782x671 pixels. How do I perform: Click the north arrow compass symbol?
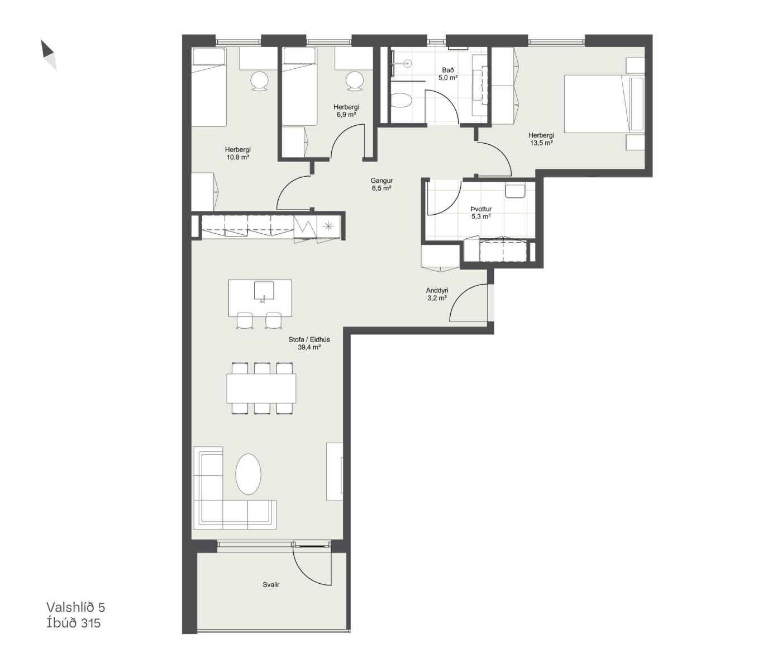pyautogui.click(x=49, y=55)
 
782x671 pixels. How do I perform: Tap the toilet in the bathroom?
pyautogui.click(x=401, y=101)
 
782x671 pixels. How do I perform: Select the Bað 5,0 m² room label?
pyautogui.click(x=448, y=74)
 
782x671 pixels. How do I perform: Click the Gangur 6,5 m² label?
pyautogui.click(x=382, y=185)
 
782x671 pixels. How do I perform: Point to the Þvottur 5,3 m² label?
pyautogui.click(x=481, y=213)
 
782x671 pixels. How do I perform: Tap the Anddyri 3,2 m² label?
pyautogui.click(x=437, y=294)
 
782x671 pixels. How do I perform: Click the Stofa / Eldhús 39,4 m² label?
pyautogui.click(x=309, y=343)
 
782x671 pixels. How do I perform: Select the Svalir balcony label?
pyautogui.click(x=271, y=585)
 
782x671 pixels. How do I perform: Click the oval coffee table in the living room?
pyautogui.click(x=248, y=474)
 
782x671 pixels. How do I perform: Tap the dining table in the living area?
pyautogui.click(x=261, y=389)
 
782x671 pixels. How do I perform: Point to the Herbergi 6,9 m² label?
pyautogui.click(x=346, y=111)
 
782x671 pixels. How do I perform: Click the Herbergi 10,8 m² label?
pyautogui.click(x=237, y=153)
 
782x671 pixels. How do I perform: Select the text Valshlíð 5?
pyautogui.click(x=75, y=607)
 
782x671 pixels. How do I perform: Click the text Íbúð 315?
pyautogui.click(x=74, y=623)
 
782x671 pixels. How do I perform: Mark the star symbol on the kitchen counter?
pyautogui.click(x=328, y=226)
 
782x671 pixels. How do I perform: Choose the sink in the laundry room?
pyautogui.click(x=515, y=191)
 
